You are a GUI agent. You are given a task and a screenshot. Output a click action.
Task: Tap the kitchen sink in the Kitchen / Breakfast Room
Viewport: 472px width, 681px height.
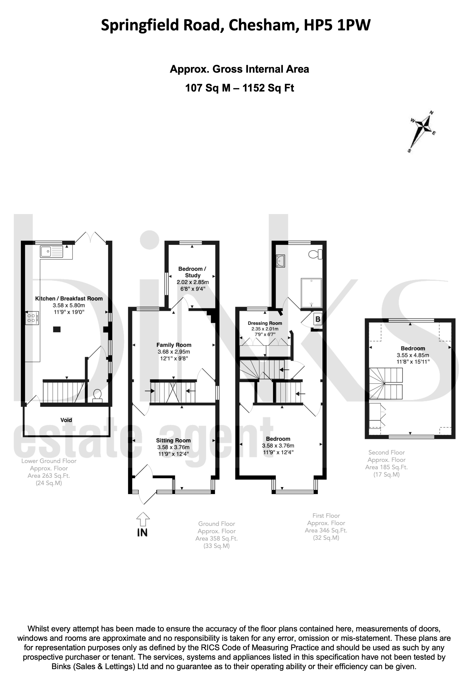point(52,252)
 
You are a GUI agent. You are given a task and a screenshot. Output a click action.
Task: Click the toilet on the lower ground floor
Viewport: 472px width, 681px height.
point(98,396)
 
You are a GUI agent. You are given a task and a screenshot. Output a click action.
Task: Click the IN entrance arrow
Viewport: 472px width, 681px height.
point(143,519)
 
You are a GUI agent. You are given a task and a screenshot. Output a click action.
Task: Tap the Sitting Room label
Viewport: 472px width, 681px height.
point(173,441)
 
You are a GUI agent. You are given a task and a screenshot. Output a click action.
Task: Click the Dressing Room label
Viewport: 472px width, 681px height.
point(265,323)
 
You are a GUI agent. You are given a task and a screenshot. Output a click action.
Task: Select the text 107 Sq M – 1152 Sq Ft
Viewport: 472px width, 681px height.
point(240,88)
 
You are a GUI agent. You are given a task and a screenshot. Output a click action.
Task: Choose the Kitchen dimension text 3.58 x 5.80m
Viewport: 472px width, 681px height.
point(69,305)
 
